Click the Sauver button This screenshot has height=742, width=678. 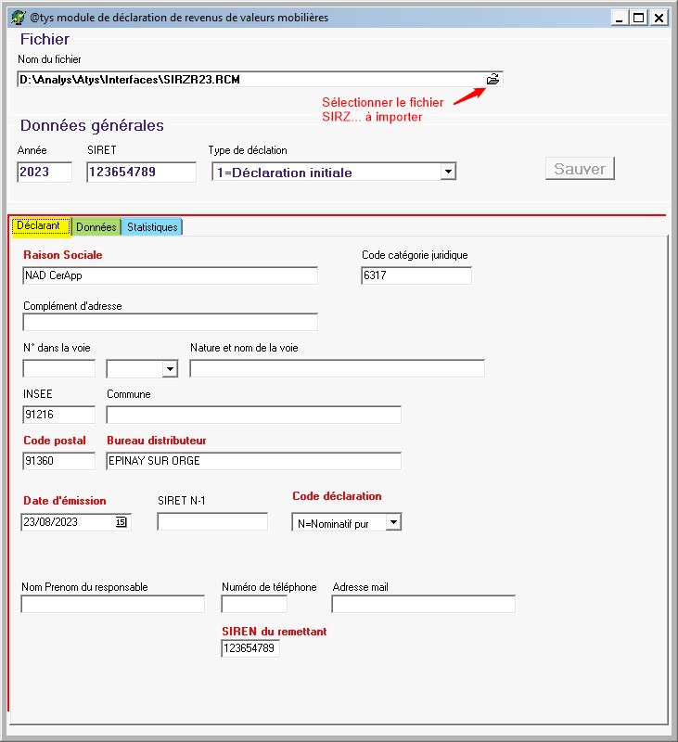pos(580,169)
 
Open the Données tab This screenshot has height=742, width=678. pos(96,227)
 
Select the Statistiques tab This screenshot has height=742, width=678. pos(152,227)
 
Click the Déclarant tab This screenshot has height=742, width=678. pos(39,226)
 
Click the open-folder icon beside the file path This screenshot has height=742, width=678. pos(493,80)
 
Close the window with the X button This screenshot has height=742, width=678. pos(659,18)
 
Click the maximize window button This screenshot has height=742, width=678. pos(638,18)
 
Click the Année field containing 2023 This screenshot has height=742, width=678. pos(45,173)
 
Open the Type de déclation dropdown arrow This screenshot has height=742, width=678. pos(448,172)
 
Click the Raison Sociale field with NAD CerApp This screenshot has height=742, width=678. pos(170,275)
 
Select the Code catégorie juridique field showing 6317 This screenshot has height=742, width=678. pos(416,275)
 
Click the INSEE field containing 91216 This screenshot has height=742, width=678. pos(58,415)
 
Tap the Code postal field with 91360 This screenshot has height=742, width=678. pos(58,461)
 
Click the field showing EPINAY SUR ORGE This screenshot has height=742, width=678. pos(253,461)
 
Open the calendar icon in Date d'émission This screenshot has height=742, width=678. pos(121,522)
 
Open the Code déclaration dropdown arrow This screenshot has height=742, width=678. pos(393,523)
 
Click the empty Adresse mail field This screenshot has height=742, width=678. pos(423,605)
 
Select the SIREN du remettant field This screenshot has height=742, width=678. pos(249,649)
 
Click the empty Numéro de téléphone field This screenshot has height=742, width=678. pos(254,605)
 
